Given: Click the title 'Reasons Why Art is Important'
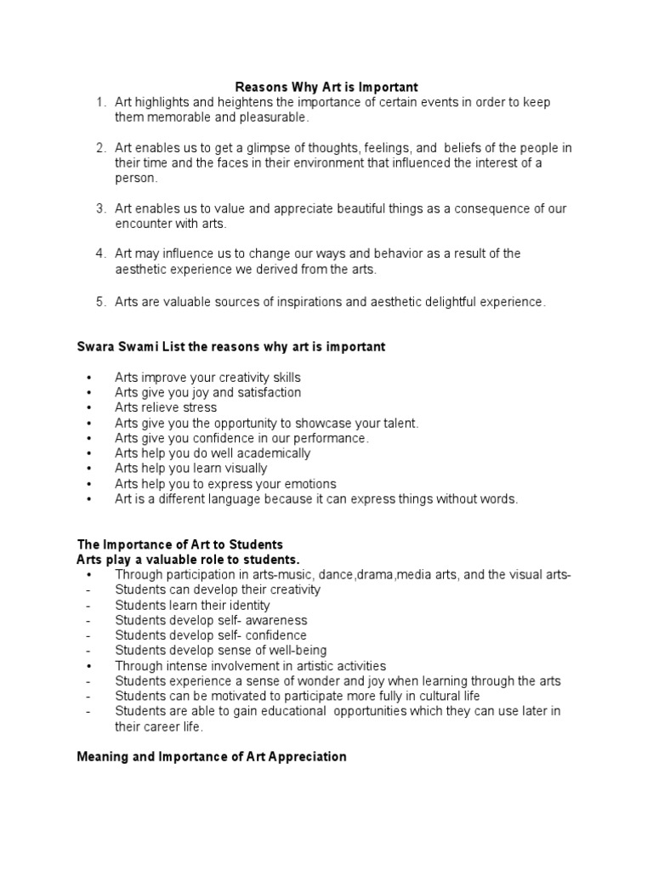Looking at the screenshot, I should pos(326,87).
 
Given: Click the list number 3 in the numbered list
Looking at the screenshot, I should pos(99,208).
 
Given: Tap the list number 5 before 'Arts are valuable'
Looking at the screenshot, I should pos(99,301).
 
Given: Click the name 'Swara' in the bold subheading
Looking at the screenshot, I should pos(96,347).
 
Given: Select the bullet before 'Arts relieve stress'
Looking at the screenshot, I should pos(89,407).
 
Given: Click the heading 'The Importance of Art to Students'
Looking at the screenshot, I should pos(179,544).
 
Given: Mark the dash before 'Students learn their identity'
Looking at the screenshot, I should pos(88,605).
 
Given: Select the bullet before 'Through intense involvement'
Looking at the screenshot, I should pos(89,666).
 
